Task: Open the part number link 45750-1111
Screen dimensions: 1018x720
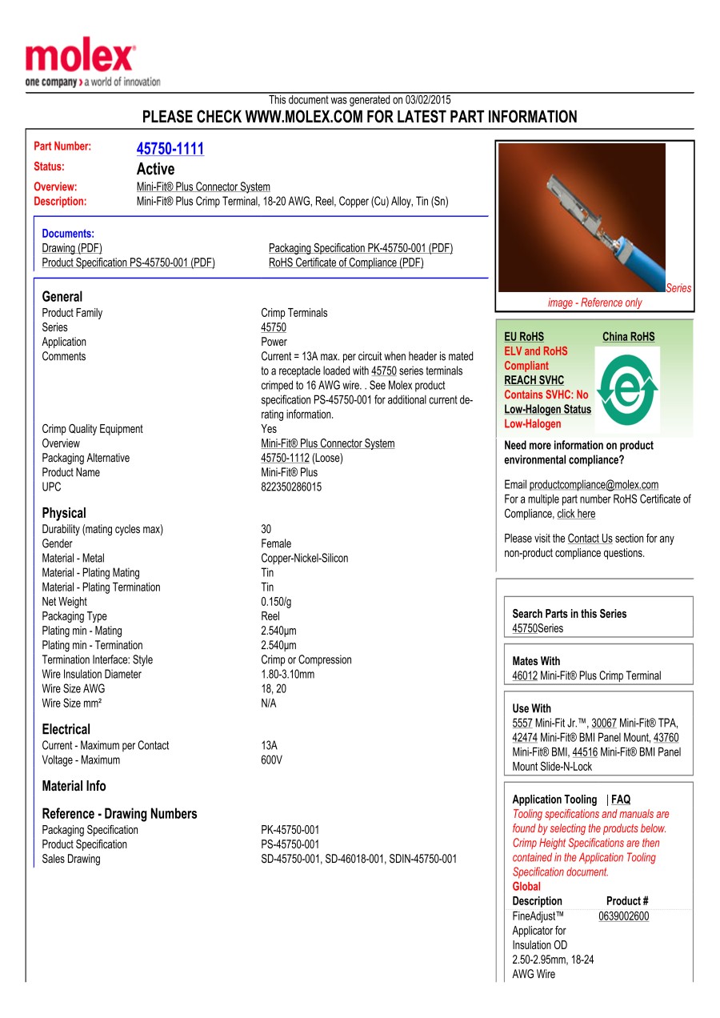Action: (x=170, y=149)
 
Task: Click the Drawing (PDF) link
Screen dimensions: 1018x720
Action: (x=72, y=248)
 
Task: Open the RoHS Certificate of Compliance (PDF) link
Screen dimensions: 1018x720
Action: (x=346, y=263)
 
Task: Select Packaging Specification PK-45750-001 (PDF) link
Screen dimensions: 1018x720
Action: (x=360, y=248)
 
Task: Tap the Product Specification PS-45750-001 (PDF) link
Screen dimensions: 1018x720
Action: (x=128, y=263)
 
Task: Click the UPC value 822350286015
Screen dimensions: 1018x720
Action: (x=291, y=487)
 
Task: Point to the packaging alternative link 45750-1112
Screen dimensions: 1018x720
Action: (x=285, y=458)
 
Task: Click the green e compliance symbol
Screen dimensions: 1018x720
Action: (x=628, y=389)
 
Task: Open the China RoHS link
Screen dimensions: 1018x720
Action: (x=628, y=337)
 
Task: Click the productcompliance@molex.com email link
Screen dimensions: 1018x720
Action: (x=594, y=484)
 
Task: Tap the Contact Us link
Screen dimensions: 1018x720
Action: (x=590, y=539)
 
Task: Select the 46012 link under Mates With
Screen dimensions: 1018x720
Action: (x=525, y=675)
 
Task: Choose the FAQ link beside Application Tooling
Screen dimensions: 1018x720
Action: (x=621, y=800)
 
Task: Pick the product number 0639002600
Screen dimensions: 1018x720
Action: (x=623, y=916)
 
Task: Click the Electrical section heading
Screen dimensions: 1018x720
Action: (x=66, y=729)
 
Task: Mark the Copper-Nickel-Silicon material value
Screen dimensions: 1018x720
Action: (x=304, y=558)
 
